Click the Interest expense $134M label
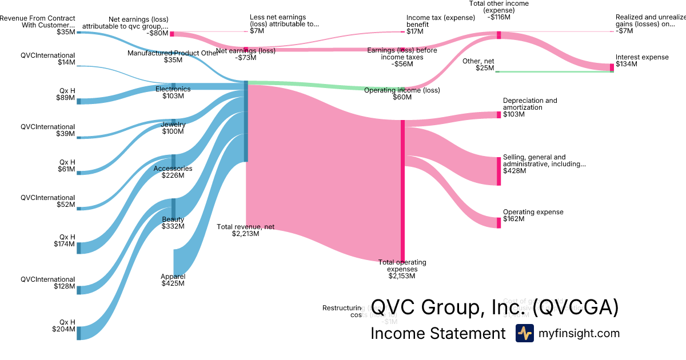click(x=641, y=61)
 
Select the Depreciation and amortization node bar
click(x=498, y=115)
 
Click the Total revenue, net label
click(x=245, y=230)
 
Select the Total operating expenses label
click(x=402, y=269)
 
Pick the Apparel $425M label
click(x=173, y=280)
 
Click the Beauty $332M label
click(x=173, y=223)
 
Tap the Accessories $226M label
click(x=173, y=172)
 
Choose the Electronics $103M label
click(x=173, y=93)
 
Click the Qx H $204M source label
click(x=63, y=326)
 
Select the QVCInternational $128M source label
click(x=47, y=283)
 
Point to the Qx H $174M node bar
click(x=79, y=247)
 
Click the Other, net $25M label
click(x=478, y=65)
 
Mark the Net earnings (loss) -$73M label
click(x=246, y=54)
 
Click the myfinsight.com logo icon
click(x=524, y=333)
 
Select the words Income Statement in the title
click(x=438, y=334)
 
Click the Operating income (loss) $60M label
click(x=401, y=94)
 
